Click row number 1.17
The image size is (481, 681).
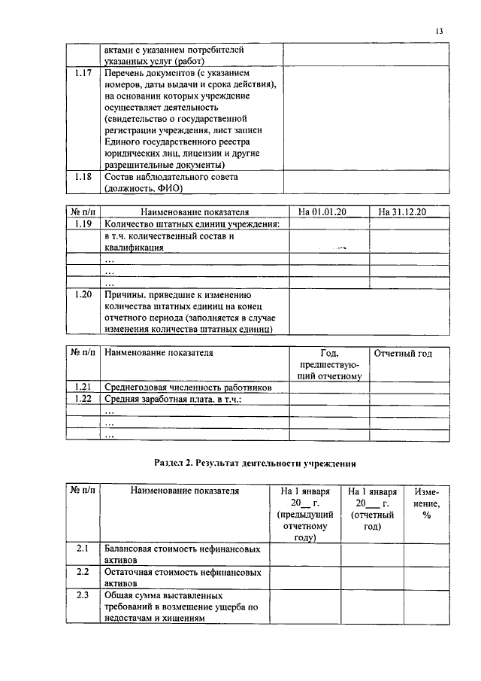click(83, 74)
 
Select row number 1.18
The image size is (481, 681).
click(83, 177)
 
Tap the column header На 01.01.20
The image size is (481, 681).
click(328, 212)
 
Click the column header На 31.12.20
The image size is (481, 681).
click(402, 212)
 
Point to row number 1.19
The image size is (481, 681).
click(83, 224)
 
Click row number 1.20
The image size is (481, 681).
click(83, 295)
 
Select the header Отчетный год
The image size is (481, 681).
click(404, 352)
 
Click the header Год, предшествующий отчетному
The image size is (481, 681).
click(329, 364)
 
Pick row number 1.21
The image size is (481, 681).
click(83, 388)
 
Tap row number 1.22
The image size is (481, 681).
click(83, 399)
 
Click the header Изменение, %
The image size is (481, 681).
click(425, 503)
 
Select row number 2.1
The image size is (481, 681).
click(83, 549)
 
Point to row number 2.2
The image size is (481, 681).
click(83, 573)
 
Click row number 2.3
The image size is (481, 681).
click(83, 596)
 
